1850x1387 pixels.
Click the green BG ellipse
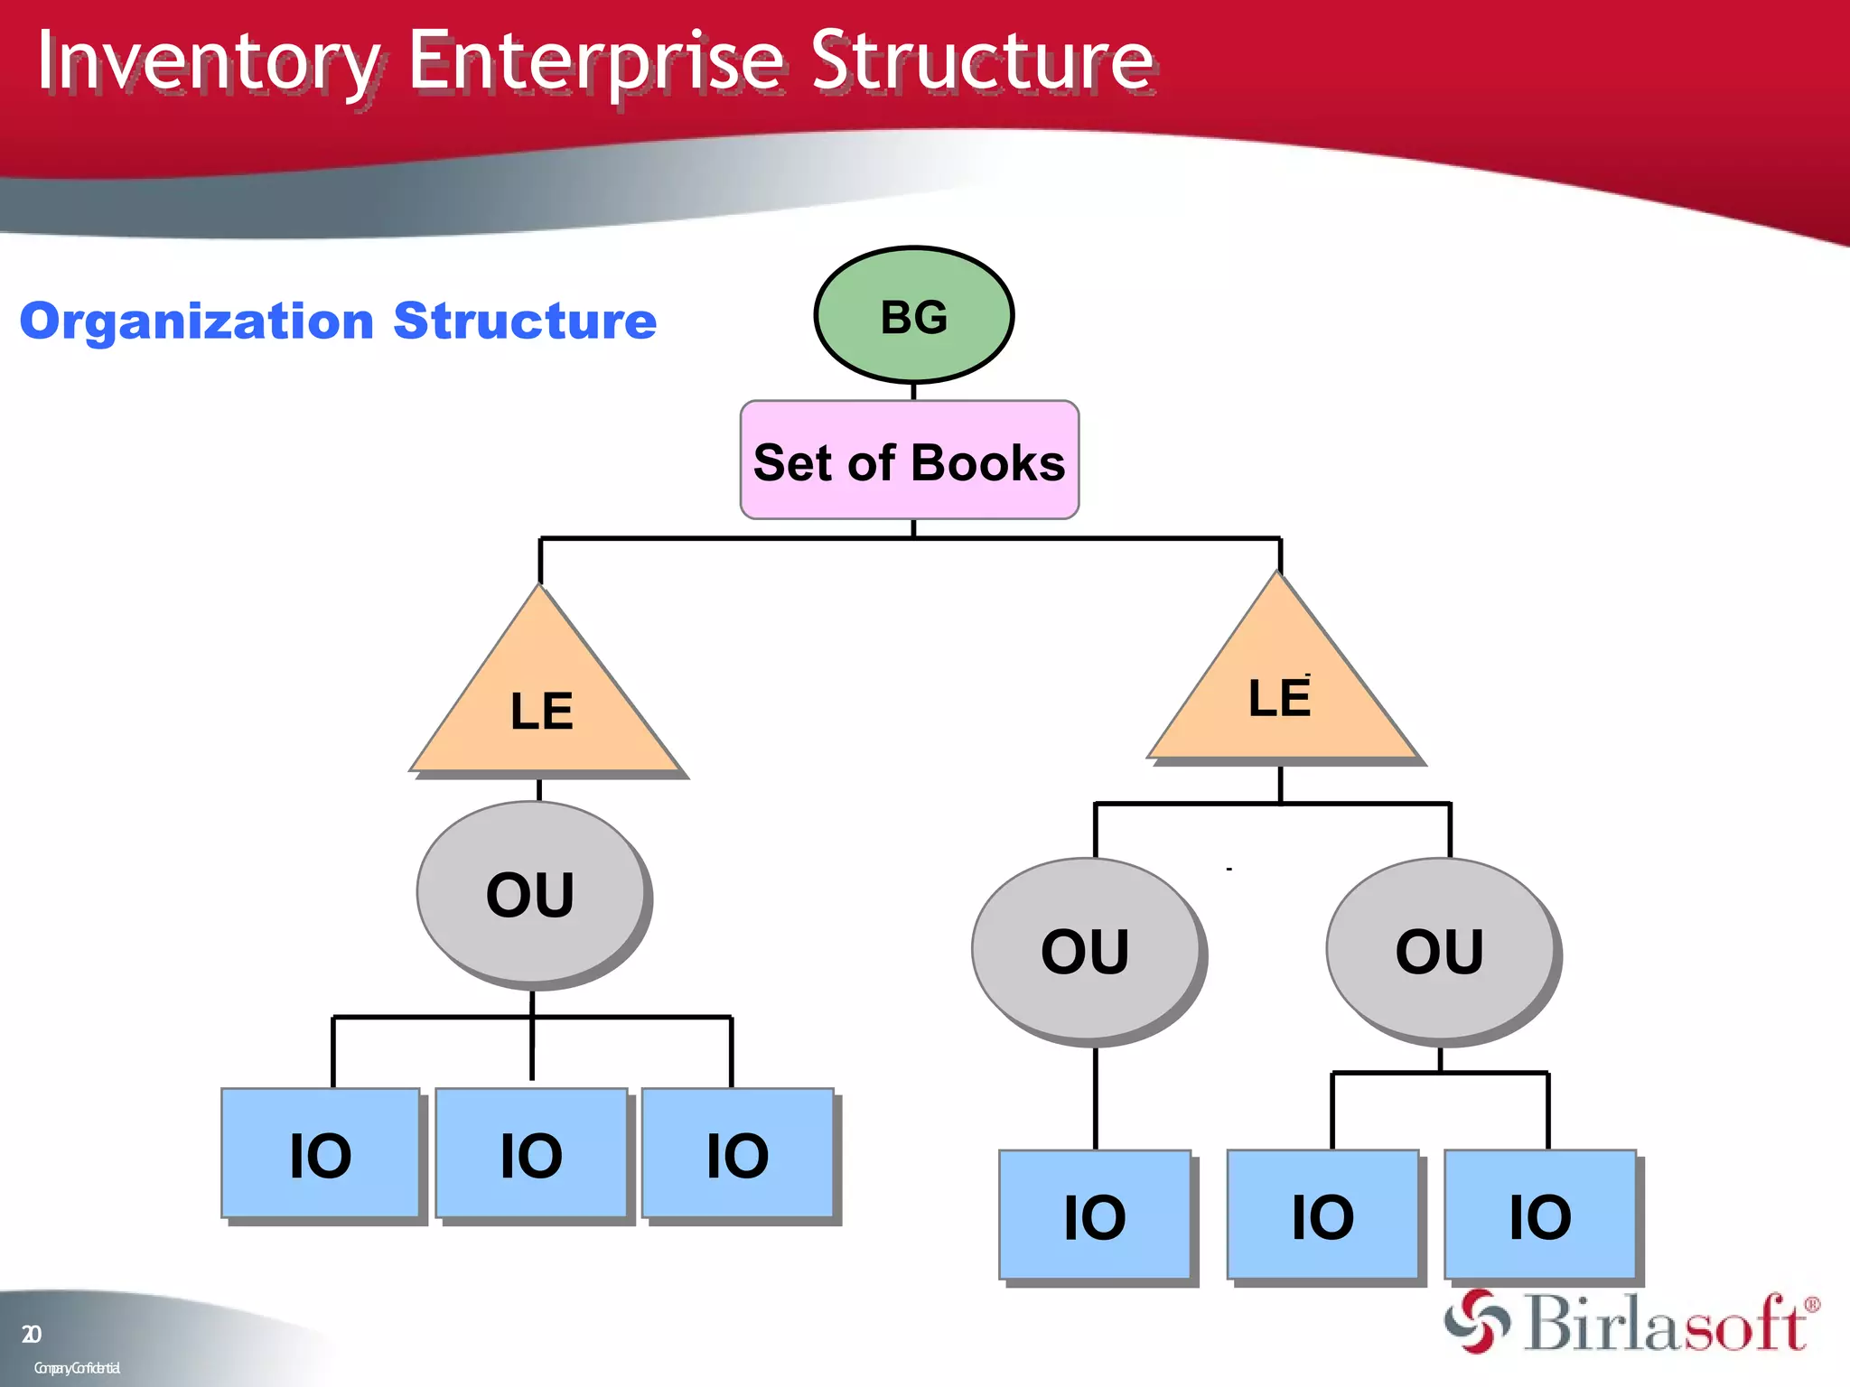pyautogui.click(x=913, y=315)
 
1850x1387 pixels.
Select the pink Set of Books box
pyautogui.click(x=909, y=461)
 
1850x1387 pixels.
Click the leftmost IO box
pyautogui.click(x=321, y=1153)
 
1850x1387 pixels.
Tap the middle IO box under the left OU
pyautogui.click(x=531, y=1153)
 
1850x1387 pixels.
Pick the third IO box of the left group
pyautogui.click(x=737, y=1153)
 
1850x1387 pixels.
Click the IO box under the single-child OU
pyautogui.click(x=1094, y=1215)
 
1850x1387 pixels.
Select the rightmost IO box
pyautogui.click(x=1540, y=1215)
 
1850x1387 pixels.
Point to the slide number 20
pyautogui.click(x=31, y=1334)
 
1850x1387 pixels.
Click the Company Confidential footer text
pyautogui.click(x=77, y=1368)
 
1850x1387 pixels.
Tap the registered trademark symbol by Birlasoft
pyautogui.click(x=1811, y=1305)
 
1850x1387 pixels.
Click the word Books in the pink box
pyautogui.click(x=988, y=463)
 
